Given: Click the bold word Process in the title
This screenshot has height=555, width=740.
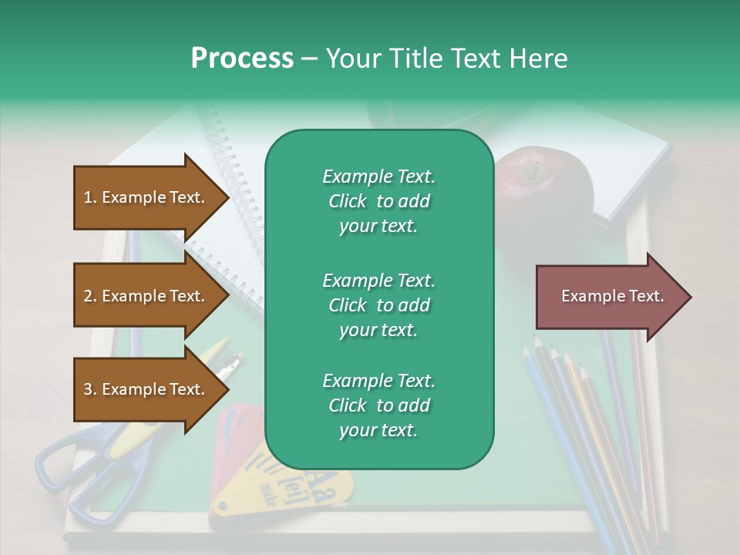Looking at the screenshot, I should click(x=242, y=59).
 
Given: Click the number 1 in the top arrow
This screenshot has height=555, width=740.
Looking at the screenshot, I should click(x=88, y=198).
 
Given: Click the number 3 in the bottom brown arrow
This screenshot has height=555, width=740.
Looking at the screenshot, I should click(x=88, y=390).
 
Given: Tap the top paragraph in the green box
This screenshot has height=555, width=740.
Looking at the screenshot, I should click(x=378, y=201).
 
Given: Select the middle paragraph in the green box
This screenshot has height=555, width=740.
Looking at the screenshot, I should click(x=378, y=305).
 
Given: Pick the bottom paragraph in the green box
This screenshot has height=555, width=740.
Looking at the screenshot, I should click(x=378, y=405).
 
